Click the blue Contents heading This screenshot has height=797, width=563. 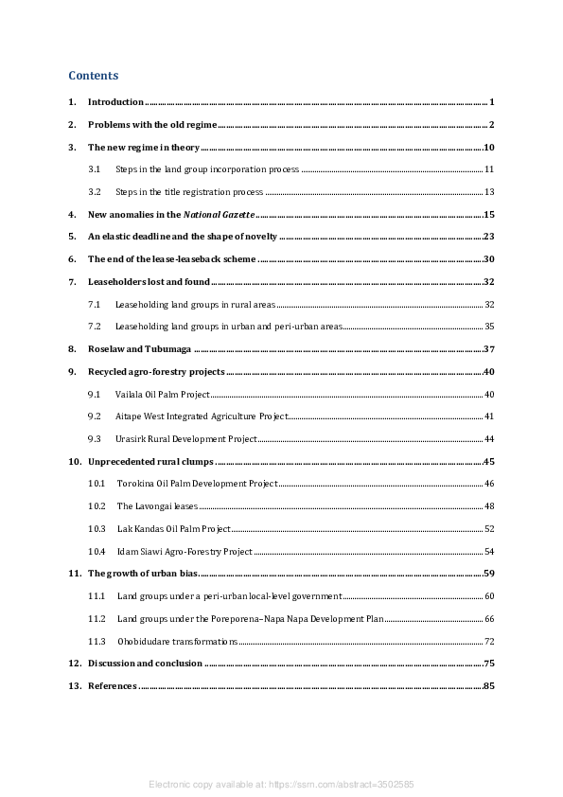(93, 75)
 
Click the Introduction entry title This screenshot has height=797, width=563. (115, 102)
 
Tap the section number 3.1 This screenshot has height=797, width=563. (95, 169)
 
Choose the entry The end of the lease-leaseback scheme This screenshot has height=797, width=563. (171, 259)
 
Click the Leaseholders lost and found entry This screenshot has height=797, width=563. (148, 282)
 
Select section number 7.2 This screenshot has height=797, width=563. (95, 327)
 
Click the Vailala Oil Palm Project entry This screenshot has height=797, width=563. (162, 394)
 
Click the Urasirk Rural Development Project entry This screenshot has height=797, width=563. (185, 439)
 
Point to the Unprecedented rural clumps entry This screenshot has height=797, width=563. (150, 462)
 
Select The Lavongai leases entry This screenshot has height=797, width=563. (157, 506)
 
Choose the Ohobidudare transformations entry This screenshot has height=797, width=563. (177, 642)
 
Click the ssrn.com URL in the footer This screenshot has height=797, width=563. (343, 785)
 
